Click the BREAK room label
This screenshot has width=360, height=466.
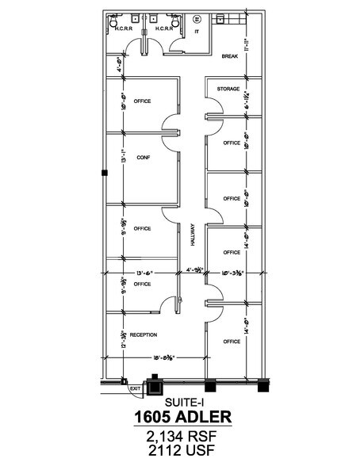click(230, 56)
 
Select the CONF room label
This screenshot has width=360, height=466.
click(143, 157)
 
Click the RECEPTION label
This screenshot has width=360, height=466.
click(143, 334)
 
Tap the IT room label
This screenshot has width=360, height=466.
click(197, 32)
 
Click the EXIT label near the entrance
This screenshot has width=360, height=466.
click(134, 388)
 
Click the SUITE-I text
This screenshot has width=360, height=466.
click(180, 402)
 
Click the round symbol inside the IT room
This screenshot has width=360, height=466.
click(197, 17)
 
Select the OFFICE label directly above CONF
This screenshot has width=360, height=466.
click(143, 101)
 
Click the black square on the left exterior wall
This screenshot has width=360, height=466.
click(103, 172)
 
